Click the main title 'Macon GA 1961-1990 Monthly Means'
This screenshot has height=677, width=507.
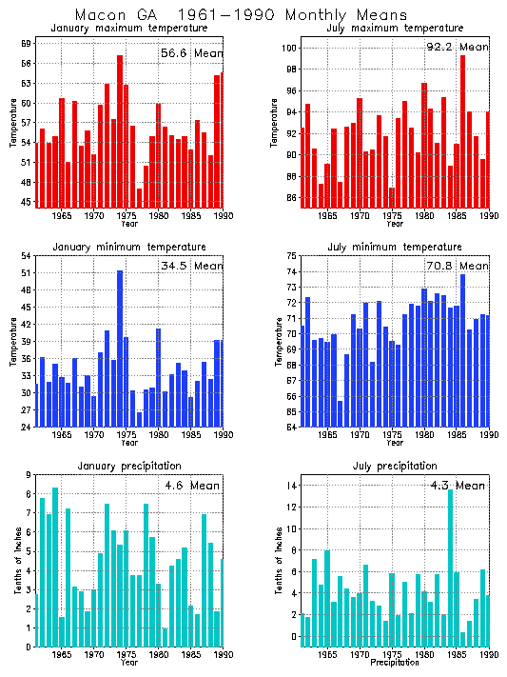[x=241, y=15]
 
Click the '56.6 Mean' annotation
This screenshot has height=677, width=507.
[x=190, y=54]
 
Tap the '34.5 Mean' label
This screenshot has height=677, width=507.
[x=190, y=266]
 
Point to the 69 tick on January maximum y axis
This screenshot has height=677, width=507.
[x=25, y=44]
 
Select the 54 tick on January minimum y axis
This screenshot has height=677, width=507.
[x=25, y=255]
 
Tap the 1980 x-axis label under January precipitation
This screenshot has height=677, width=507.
[x=159, y=655]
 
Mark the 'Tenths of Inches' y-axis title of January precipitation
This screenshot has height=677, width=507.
[x=16, y=560]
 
